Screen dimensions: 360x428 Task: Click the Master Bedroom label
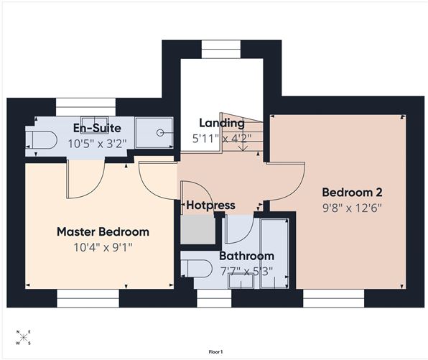pyautogui.click(x=103, y=232)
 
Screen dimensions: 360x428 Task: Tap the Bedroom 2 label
pyautogui.click(x=351, y=193)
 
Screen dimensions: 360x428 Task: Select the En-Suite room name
pyautogui.click(x=98, y=129)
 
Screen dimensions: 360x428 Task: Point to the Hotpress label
pyautogui.click(x=210, y=206)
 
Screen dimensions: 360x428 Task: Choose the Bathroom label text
pyautogui.click(x=246, y=256)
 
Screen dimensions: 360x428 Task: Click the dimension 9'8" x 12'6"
pyautogui.click(x=351, y=208)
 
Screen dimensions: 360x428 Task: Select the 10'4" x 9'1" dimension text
pyautogui.click(x=103, y=247)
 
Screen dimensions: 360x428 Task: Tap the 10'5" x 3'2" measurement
pyautogui.click(x=98, y=143)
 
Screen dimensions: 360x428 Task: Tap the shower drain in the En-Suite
pyautogui.click(x=159, y=132)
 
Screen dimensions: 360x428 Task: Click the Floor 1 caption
pyautogui.click(x=214, y=351)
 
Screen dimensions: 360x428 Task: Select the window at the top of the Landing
pyautogui.click(x=215, y=49)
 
